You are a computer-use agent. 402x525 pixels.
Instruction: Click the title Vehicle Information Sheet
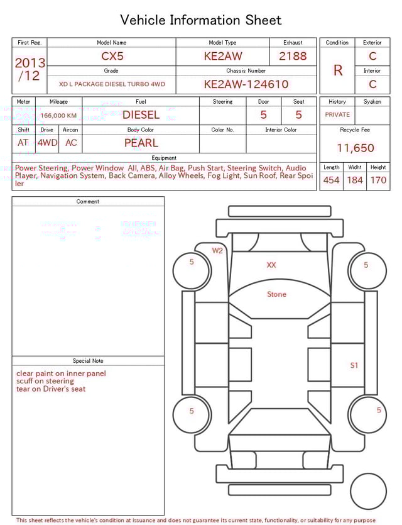[x=201, y=20]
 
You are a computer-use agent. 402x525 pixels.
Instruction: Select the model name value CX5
[x=112, y=56]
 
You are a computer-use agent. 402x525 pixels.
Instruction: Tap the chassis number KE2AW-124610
[x=246, y=84]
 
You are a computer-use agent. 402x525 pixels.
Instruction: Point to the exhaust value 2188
[x=293, y=56]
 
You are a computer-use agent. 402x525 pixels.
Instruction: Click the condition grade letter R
[x=338, y=70]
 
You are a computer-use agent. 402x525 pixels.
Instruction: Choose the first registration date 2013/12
[x=30, y=69]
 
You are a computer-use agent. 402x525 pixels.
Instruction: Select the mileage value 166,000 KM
[x=58, y=116]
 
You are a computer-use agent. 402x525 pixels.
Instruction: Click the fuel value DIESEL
[x=141, y=115]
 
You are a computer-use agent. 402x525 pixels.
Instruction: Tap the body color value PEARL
[x=141, y=143]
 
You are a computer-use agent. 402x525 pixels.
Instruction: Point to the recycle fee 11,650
[x=356, y=148]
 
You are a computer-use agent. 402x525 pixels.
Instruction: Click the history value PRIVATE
[x=337, y=115]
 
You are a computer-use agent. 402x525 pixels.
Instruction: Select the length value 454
[x=331, y=180]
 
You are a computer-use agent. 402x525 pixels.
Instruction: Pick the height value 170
[x=378, y=180]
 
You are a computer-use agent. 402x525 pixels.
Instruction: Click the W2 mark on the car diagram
[x=217, y=251]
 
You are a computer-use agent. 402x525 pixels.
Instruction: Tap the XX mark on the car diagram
[x=271, y=265]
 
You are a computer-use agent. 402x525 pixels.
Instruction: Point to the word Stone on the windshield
[x=276, y=294]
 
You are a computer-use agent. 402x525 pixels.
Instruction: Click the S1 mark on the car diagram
[x=354, y=365]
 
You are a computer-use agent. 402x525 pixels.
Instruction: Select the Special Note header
[x=88, y=361]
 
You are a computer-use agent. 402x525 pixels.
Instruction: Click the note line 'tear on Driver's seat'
[x=51, y=389]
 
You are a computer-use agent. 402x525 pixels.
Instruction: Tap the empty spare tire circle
[x=368, y=491]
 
